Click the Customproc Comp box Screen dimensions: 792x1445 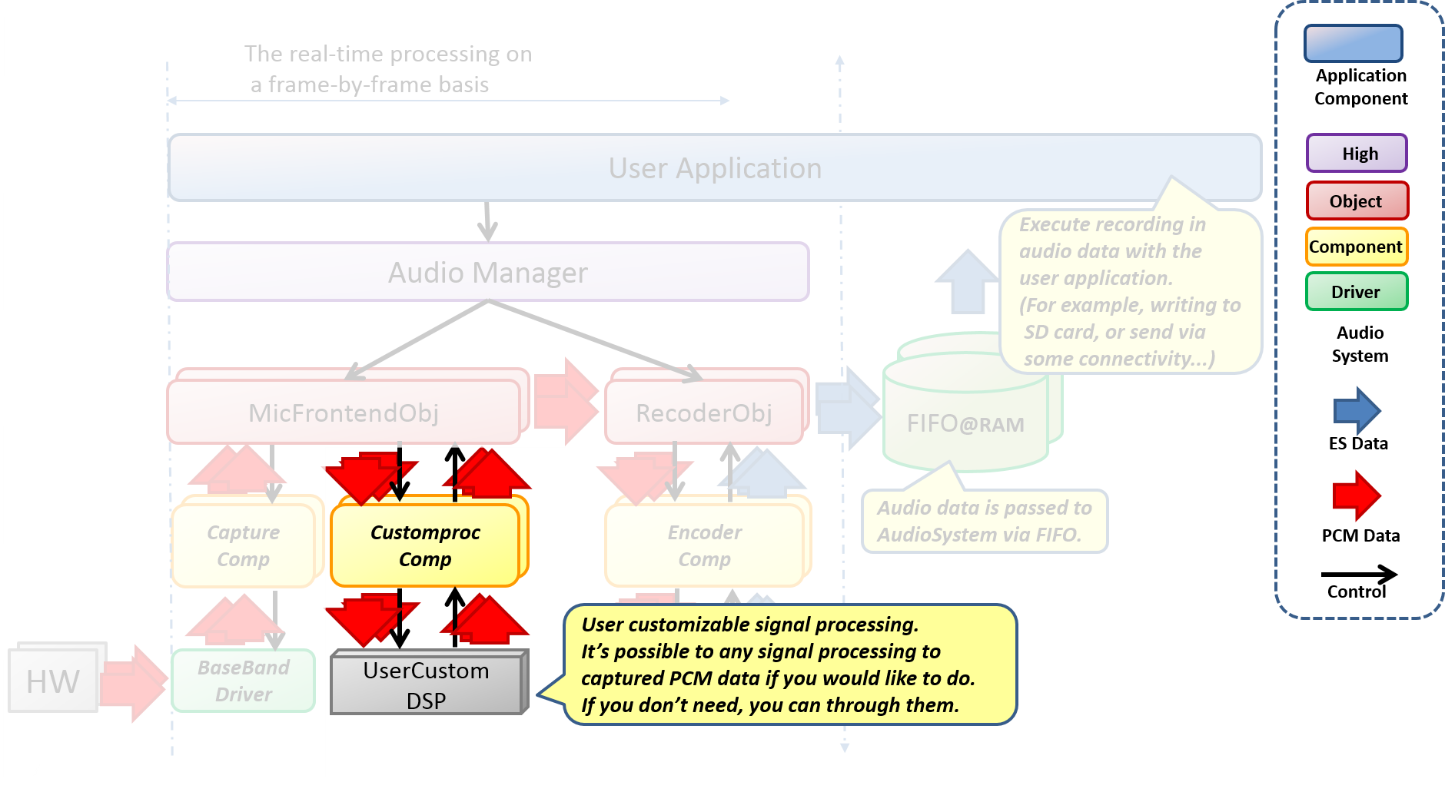425,545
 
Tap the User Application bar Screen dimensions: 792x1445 715,168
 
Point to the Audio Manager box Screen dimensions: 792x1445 487,273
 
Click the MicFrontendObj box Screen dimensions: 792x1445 344,413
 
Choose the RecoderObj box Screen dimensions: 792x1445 703,413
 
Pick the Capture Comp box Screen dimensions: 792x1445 243,545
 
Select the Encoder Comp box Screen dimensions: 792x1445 704,545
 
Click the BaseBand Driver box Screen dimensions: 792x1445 243,681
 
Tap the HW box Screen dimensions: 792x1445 52,681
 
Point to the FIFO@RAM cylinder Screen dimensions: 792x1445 965,424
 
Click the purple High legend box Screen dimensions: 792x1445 1357,154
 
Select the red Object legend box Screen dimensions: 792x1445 1357,201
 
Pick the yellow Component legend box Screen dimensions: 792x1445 1357,247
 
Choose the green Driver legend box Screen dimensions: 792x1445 1357,292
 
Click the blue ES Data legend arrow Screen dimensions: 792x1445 1357,411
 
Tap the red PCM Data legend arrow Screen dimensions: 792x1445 1357,496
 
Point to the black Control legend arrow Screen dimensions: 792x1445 1359,575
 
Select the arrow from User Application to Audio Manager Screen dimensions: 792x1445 487,221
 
